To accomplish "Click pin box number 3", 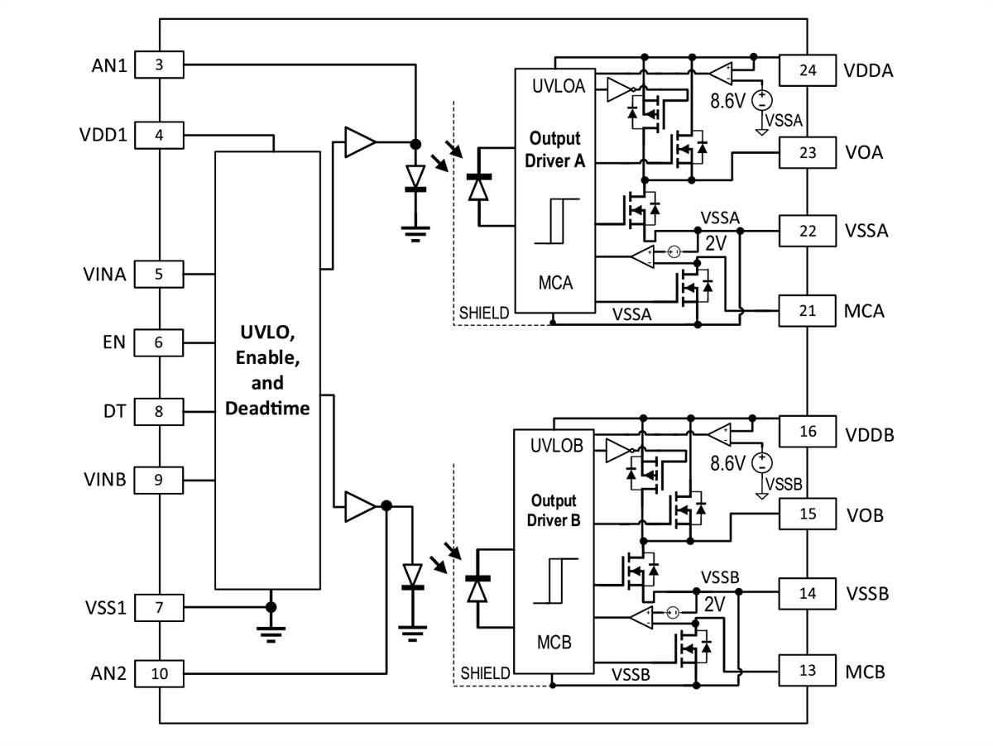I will (x=159, y=65).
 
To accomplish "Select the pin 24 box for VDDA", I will (x=808, y=70).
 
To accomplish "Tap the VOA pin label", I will (x=865, y=153).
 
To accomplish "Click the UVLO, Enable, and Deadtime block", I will (x=267, y=370).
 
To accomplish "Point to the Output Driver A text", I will (x=555, y=149).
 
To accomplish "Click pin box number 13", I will (x=808, y=671).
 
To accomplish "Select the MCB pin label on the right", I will (x=865, y=672).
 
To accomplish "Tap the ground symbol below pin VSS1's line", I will (x=269, y=633).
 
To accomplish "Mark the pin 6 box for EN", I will (x=159, y=342).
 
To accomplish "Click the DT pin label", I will (x=115, y=410).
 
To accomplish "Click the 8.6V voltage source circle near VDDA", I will (x=761, y=101).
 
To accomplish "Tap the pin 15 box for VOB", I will (x=808, y=514).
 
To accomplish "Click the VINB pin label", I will (x=104, y=479).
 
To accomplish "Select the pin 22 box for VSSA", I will (x=808, y=230).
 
